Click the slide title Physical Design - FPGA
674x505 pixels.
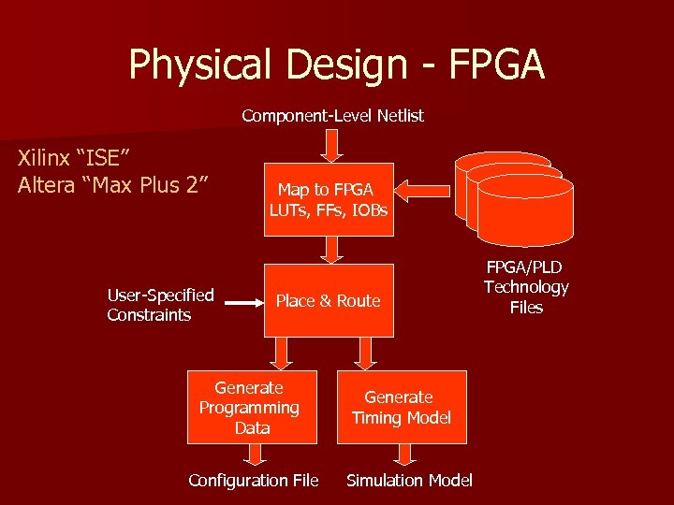336,65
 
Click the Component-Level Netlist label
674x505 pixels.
332,116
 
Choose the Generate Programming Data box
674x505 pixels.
249,407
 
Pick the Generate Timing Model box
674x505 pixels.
401,407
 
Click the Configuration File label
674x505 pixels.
253,481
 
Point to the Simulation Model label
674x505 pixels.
409,481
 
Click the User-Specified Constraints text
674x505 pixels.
160,305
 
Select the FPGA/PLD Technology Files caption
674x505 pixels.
526,287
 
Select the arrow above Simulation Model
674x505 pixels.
404,454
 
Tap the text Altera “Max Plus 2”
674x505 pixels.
112,184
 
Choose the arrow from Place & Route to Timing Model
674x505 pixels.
366,352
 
